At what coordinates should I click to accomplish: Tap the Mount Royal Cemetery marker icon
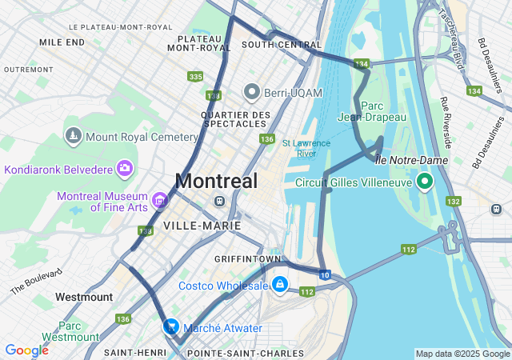[74, 137]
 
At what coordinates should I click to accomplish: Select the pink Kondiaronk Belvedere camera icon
[124, 168]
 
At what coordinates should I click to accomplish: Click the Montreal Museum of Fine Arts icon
[159, 199]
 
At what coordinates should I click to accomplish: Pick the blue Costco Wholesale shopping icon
[279, 285]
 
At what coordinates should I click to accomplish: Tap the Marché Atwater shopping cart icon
[171, 326]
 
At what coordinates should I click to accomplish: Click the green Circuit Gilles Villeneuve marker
[425, 182]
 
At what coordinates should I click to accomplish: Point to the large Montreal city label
[216, 182]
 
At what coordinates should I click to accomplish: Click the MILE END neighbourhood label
[62, 42]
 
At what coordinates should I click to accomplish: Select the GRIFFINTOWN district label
[247, 260]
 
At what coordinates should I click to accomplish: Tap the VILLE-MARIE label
[202, 226]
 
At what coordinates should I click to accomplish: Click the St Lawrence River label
[306, 148]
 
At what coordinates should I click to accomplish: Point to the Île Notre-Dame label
[411, 160]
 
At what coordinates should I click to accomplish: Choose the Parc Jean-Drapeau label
[384, 111]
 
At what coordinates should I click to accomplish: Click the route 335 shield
[195, 77]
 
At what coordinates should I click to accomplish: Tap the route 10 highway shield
[324, 275]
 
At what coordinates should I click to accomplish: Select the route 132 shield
[454, 202]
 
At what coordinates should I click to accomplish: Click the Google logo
[26, 350]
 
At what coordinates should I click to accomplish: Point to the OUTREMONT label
[28, 70]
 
